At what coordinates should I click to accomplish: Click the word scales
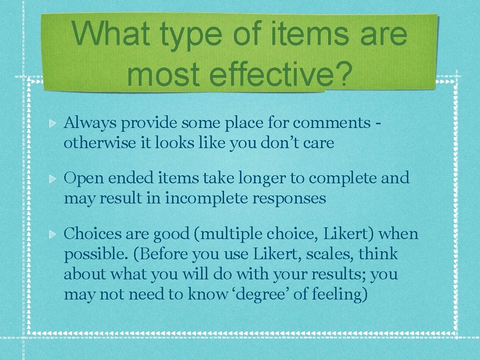(x=333, y=255)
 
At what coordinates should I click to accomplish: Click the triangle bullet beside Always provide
(x=53, y=124)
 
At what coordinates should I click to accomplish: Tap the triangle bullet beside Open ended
(x=53, y=179)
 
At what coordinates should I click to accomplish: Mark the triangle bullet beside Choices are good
(x=53, y=234)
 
